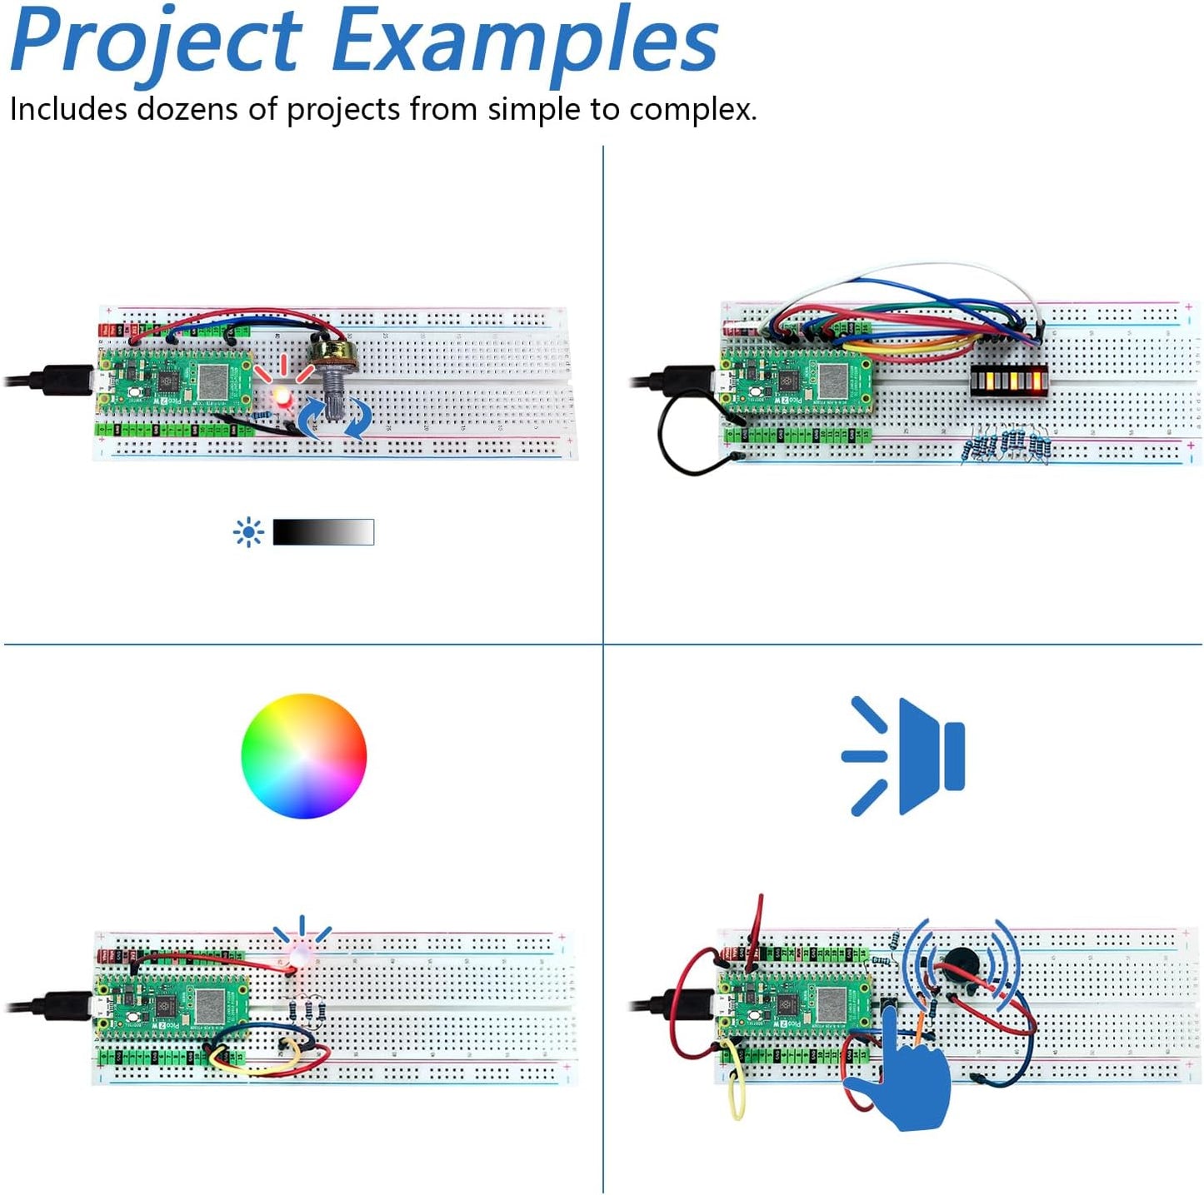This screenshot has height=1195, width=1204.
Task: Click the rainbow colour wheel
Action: click(303, 756)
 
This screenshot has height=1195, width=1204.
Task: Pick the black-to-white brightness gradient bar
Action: click(323, 532)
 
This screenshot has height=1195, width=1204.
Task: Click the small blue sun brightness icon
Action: click(248, 532)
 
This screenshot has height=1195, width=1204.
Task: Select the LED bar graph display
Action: click(1009, 381)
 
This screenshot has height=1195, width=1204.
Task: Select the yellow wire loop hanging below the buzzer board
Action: click(737, 1095)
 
